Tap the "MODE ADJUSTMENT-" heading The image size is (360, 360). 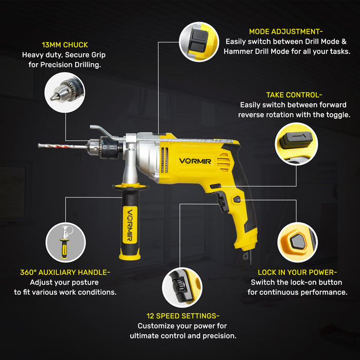[285, 31]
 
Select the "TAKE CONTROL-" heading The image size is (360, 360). [294, 95]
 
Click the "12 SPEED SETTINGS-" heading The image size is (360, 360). [182, 316]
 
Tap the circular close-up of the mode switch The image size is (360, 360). [199, 42]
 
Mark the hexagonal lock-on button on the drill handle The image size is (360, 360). [237, 199]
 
